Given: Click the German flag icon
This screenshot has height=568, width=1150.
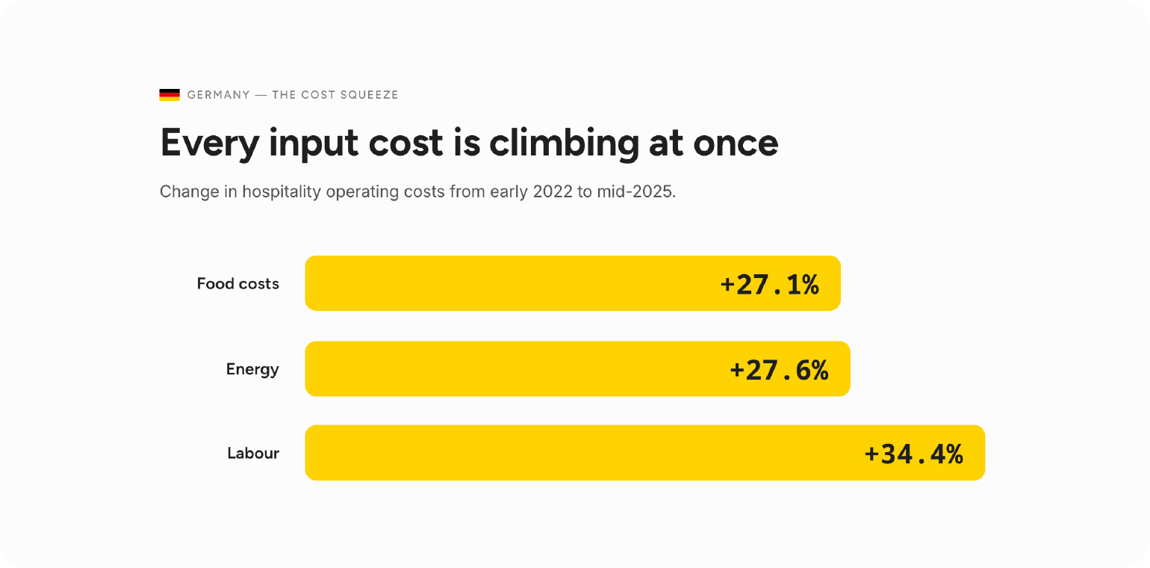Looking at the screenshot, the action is coord(170,95).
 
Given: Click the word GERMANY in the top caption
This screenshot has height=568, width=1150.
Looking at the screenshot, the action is coord(218,95).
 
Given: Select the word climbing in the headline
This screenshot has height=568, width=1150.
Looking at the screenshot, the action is coord(565,143).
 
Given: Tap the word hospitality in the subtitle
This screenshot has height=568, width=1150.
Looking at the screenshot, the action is coord(282,192).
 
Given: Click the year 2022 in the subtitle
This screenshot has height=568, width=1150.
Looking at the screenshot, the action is coord(553,192).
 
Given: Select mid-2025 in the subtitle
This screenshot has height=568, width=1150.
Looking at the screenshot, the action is coord(636,192).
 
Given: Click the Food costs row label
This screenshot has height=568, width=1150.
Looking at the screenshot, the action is coord(237,284).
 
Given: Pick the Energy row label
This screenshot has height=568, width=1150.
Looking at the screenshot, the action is coord(252,370).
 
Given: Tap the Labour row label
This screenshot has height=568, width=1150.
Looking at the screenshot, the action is coord(253,453).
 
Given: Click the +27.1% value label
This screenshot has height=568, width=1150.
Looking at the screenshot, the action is coord(770,284).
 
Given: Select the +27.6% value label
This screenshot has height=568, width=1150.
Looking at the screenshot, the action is coord(780,370).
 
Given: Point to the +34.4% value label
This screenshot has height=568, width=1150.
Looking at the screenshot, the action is coord(914,454).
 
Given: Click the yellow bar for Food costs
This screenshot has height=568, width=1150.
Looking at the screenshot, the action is coord(573,283).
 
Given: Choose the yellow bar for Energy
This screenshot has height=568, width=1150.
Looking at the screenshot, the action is coord(577,368).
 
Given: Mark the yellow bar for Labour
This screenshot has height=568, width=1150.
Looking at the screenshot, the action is coord(645,453).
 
